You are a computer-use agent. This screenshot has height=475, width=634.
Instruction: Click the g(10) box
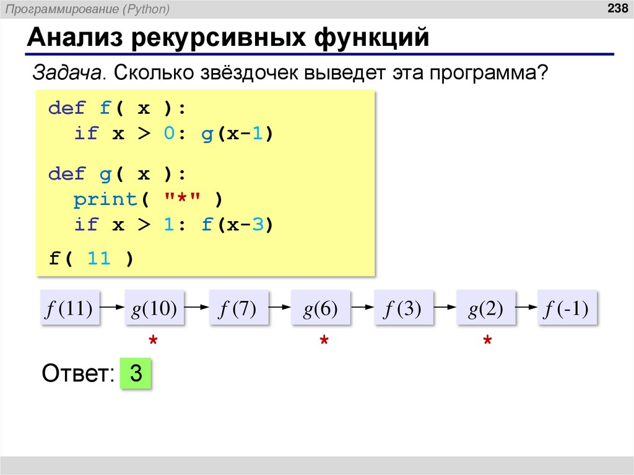click(x=154, y=308)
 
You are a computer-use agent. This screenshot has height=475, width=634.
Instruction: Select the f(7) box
click(x=238, y=308)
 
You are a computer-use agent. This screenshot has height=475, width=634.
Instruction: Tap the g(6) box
click(x=320, y=308)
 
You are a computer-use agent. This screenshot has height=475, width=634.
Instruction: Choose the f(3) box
click(x=404, y=308)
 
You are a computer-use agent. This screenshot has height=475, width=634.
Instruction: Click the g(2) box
click(x=485, y=308)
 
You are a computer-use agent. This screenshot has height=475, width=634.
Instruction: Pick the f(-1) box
click(x=567, y=308)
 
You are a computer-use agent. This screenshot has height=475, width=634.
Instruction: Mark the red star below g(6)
click(x=323, y=341)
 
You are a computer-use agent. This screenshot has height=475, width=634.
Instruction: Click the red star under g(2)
click(x=487, y=341)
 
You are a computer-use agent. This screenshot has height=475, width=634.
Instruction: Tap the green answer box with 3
click(x=136, y=374)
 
